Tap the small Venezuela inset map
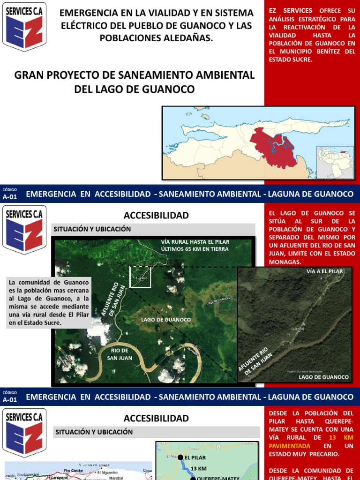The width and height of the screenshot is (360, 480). click(335, 159)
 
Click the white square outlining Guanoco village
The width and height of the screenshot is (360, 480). click(140, 276)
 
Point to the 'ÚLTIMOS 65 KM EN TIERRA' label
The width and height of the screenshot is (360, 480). click(195, 249)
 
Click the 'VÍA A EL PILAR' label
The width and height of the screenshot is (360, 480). click(325, 271)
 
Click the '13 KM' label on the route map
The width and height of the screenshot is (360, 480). click(199, 468)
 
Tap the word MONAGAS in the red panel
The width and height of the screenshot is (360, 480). click(285, 262)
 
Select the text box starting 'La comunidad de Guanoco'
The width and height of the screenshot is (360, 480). click(49, 302)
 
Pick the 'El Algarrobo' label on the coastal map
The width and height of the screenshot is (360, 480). click(110, 473)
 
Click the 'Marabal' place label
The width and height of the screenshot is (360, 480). click(116, 479)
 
